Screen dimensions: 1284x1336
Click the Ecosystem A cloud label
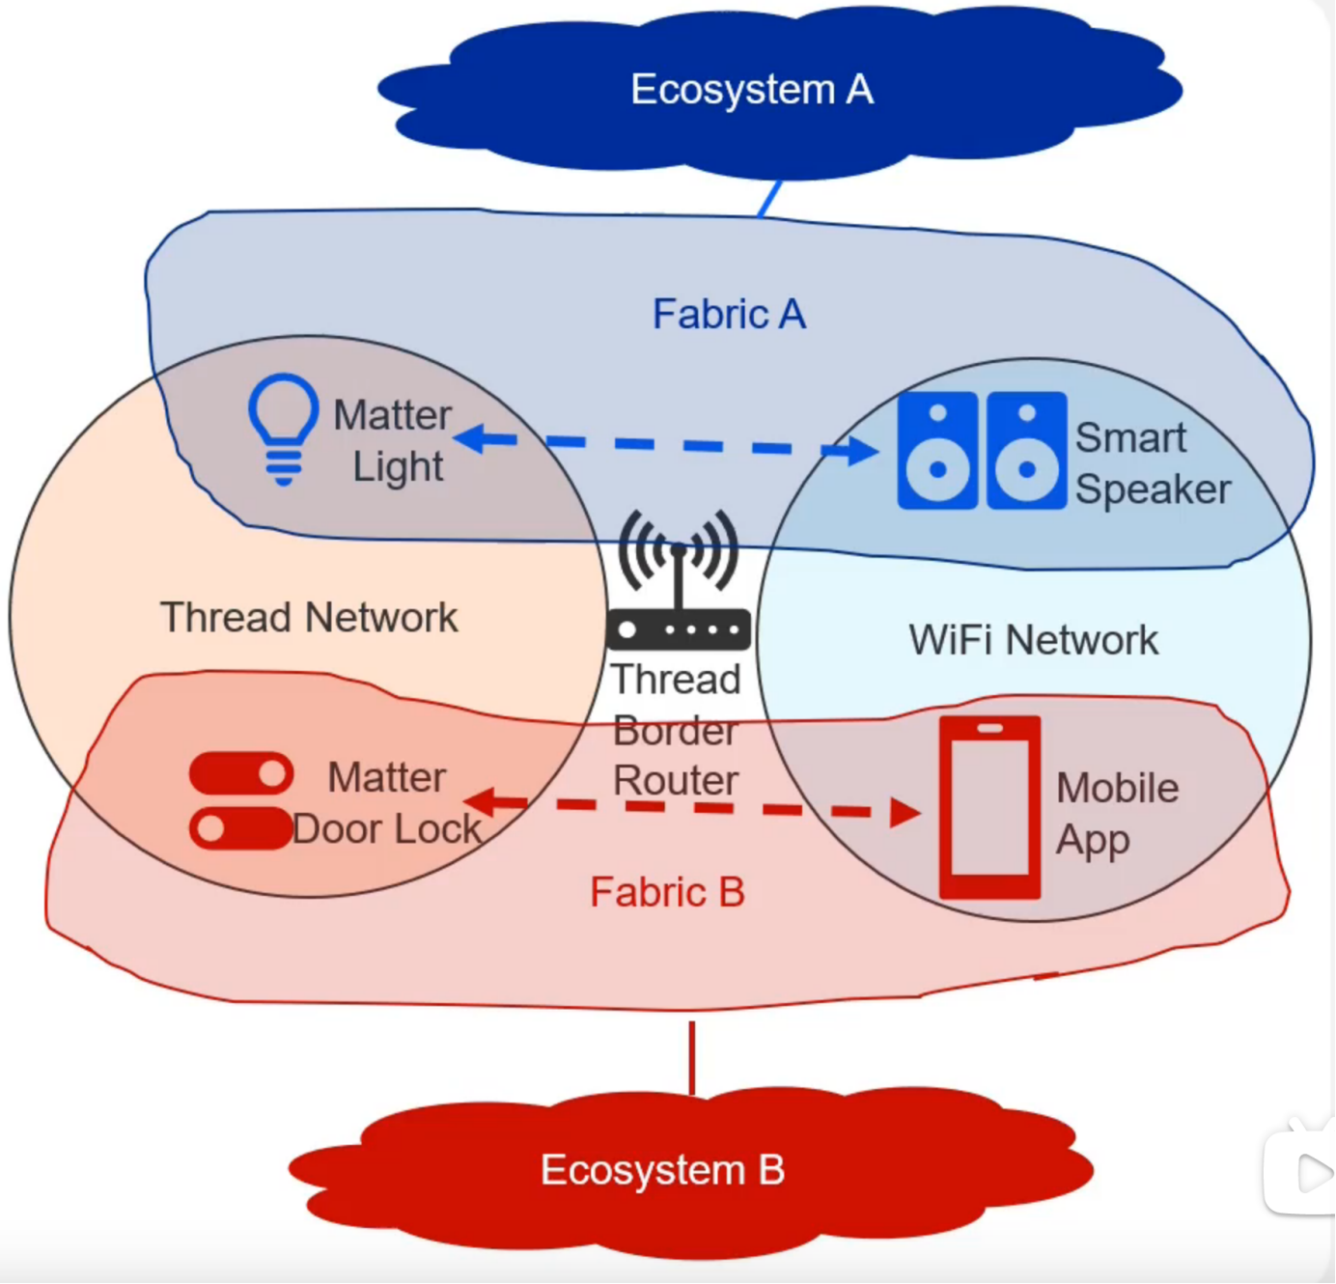tap(751, 90)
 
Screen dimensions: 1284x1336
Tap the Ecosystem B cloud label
tap(662, 1170)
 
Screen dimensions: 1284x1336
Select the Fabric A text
tap(729, 314)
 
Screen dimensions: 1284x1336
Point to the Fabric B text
tap(667, 892)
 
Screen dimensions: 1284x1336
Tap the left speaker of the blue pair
tap(936, 450)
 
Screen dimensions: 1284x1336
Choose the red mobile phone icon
tap(989, 807)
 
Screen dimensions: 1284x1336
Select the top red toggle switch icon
tap(241, 773)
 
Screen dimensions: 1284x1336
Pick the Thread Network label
tap(309, 618)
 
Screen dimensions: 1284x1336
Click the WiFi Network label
tap(1033, 640)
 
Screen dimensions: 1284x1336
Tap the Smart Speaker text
tap(1152, 463)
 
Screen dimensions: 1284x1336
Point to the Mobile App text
tap(1116, 813)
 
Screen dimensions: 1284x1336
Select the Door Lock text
tap(386, 829)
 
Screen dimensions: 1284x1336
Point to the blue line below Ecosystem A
tap(769, 199)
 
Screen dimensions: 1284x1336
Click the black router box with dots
tap(679, 630)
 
